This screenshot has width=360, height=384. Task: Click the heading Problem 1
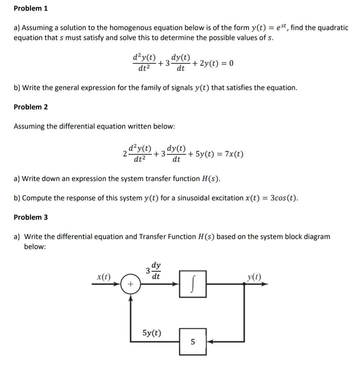[x=31, y=8]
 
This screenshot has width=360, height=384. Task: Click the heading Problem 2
[x=31, y=107]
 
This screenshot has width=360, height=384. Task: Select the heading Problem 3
[x=31, y=217]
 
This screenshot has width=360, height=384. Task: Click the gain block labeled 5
[x=193, y=341]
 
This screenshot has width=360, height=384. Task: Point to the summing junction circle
[x=130, y=284]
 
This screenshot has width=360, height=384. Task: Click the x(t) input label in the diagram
[x=104, y=276]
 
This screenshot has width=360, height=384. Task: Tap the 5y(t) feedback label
[x=152, y=333]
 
